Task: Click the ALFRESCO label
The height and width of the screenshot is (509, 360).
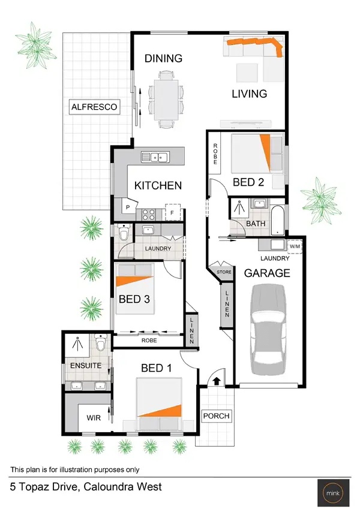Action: click(94, 108)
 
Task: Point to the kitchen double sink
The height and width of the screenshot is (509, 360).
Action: click(156, 158)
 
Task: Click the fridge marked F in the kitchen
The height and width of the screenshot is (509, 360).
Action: click(173, 212)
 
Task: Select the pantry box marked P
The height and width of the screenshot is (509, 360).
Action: click(128, 207)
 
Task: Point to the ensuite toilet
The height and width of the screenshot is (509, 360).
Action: click(101, 345)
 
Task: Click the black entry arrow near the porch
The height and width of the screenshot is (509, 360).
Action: click(215, 380)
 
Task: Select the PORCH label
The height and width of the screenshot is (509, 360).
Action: click(216, 415)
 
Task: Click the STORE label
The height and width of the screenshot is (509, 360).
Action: click(224, 272)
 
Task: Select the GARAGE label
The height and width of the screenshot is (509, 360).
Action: click(267, 273)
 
